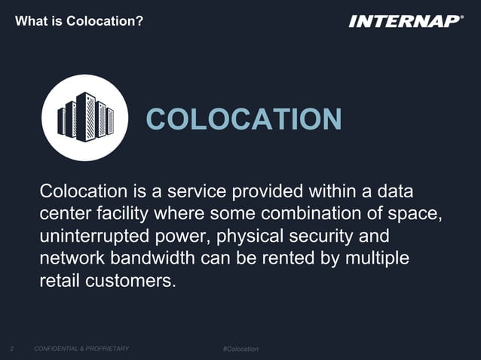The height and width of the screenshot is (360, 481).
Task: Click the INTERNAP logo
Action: click(x=406, y=20)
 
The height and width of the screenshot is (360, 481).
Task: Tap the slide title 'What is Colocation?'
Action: click(x=79, y=20)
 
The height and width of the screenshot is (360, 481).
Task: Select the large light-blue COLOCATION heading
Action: click(x=244, y=119)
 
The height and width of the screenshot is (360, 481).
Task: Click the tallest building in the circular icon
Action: click(x=85, y=117)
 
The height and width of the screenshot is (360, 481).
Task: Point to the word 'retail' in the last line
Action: click(x=57, y=283)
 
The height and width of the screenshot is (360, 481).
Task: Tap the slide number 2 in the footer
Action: click(x=12, y=349)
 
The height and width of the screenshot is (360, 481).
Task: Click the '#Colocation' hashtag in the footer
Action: click(x=240, y=349)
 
